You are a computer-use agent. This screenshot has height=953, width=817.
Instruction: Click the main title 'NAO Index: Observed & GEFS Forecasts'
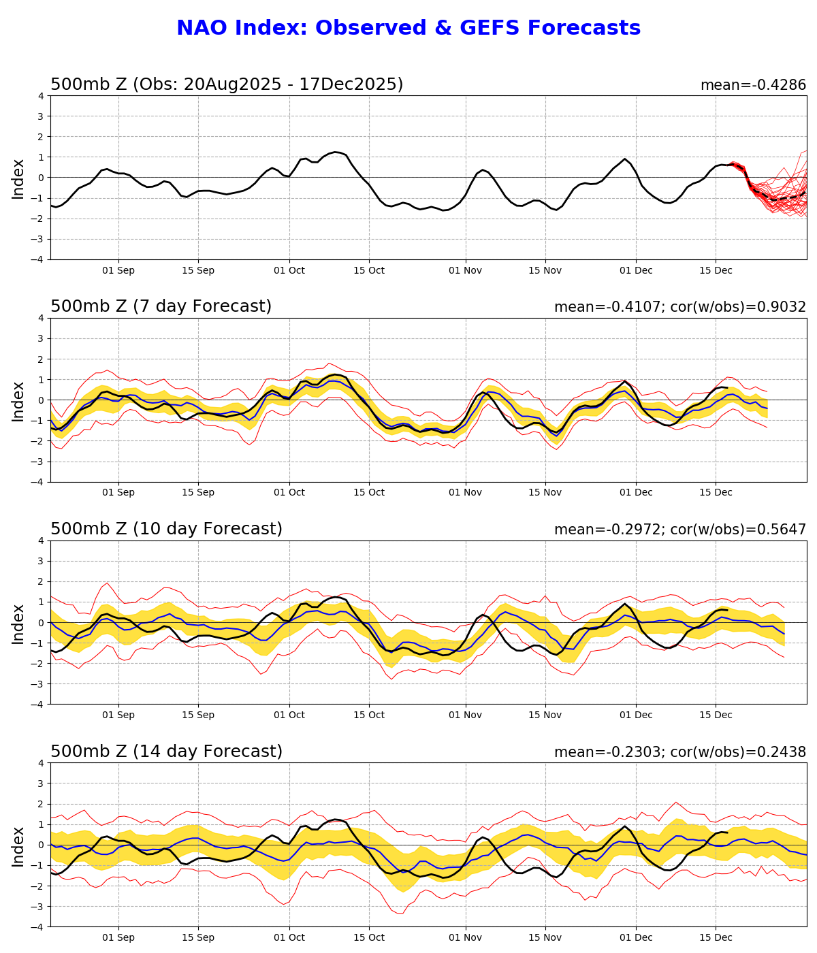pyautogui.click(x=408, y=29)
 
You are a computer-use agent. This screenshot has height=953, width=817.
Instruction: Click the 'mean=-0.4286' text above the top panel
pyautogui.click(x=753, y=85)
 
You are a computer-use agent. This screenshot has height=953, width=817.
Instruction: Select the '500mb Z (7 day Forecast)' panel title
pyautogui.click(x=161, y=306)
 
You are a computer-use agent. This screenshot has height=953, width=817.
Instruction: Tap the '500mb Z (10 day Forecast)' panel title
pyautogui.click(x=166, y=529)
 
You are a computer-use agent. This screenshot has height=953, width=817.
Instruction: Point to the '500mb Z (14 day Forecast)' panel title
pyautogui.click(x=166, y=752)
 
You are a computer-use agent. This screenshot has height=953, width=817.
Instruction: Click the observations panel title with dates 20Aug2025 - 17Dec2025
pyautogui.click(x=227, y=84)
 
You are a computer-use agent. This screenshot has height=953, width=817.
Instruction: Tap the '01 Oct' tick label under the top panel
pyautogui.click(x=289, y=270)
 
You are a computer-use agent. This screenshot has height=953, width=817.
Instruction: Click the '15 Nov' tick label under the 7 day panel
pyautogui.click(x=545, y=493)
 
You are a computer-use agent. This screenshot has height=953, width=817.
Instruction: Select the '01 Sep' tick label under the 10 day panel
pyautogui.click(x=118, y=715)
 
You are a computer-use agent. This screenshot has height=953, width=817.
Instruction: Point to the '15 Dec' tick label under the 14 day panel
pyautogui.click(x=716, y=937)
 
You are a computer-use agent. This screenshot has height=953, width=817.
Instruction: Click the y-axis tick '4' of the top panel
pyautogui.click(x=41, y=96)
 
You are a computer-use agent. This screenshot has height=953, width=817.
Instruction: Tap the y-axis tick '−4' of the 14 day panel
pyautogui.click(x=38, y=926)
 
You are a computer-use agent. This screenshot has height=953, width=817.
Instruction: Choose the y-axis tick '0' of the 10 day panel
pyautogui.click(x=41, y=622)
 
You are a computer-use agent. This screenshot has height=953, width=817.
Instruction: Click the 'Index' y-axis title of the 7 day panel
pyautogui.click(x=18, y=401)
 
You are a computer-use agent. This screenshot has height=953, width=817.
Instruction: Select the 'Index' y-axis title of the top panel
pyautogui.click(x=18, y=178)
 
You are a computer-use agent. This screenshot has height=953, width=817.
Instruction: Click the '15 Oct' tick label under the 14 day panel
pyautogui.click(x=369, y=937)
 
